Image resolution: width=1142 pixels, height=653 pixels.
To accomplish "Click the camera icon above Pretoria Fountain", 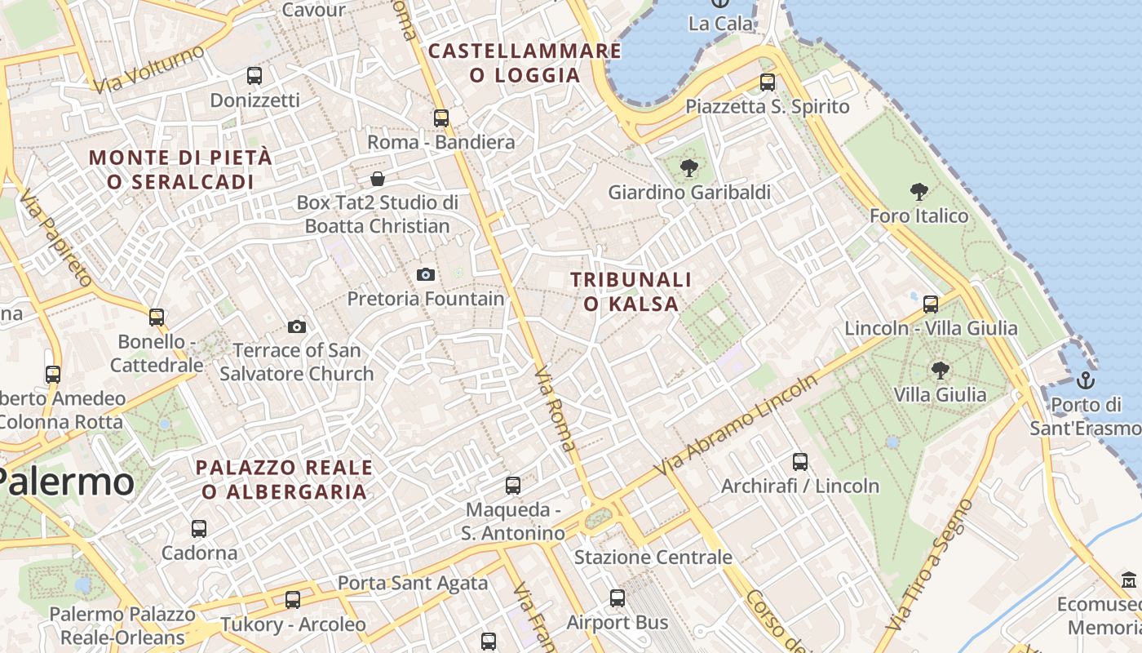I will [x=425, y=274].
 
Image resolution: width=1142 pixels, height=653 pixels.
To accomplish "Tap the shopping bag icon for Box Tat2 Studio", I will [x=378, y=178].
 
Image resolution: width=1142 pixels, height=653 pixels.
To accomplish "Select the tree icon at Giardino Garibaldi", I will [x=689, y=168].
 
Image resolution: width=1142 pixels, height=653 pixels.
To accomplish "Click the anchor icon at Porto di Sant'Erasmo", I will [x=1086, y=380].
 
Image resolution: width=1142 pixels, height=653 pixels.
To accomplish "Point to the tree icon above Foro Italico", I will [x=919, y=192].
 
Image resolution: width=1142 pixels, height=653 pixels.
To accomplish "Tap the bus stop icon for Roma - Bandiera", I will [x=441, y=118].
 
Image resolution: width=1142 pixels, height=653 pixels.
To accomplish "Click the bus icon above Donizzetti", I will [x=255, y=76].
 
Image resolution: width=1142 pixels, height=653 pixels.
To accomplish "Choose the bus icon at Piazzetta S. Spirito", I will [x=768, y=82].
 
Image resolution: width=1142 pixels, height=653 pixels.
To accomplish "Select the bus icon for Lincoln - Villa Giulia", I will [x=931, y=304].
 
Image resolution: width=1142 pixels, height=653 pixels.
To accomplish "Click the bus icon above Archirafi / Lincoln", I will [x=800, y=462].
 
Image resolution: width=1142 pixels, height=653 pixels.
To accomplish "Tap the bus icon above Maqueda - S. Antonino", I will [x=513, y=486].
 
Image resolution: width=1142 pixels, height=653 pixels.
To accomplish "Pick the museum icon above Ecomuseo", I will [x=1130, y=580].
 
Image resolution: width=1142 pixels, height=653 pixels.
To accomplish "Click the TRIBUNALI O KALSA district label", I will [x=631, y=291].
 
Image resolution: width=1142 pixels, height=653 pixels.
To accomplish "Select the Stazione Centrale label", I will [x=653, y=557].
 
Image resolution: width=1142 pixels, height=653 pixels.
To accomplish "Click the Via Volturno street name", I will [x=148, y=69].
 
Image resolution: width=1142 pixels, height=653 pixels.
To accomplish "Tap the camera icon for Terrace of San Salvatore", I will [x=297, y=326].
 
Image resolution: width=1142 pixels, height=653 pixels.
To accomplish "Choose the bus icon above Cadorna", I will [x=199, y=528].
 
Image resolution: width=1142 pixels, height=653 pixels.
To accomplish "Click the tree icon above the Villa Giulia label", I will [x=940, y=370].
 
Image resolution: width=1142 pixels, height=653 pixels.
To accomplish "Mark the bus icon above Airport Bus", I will [x=617, y=598].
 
